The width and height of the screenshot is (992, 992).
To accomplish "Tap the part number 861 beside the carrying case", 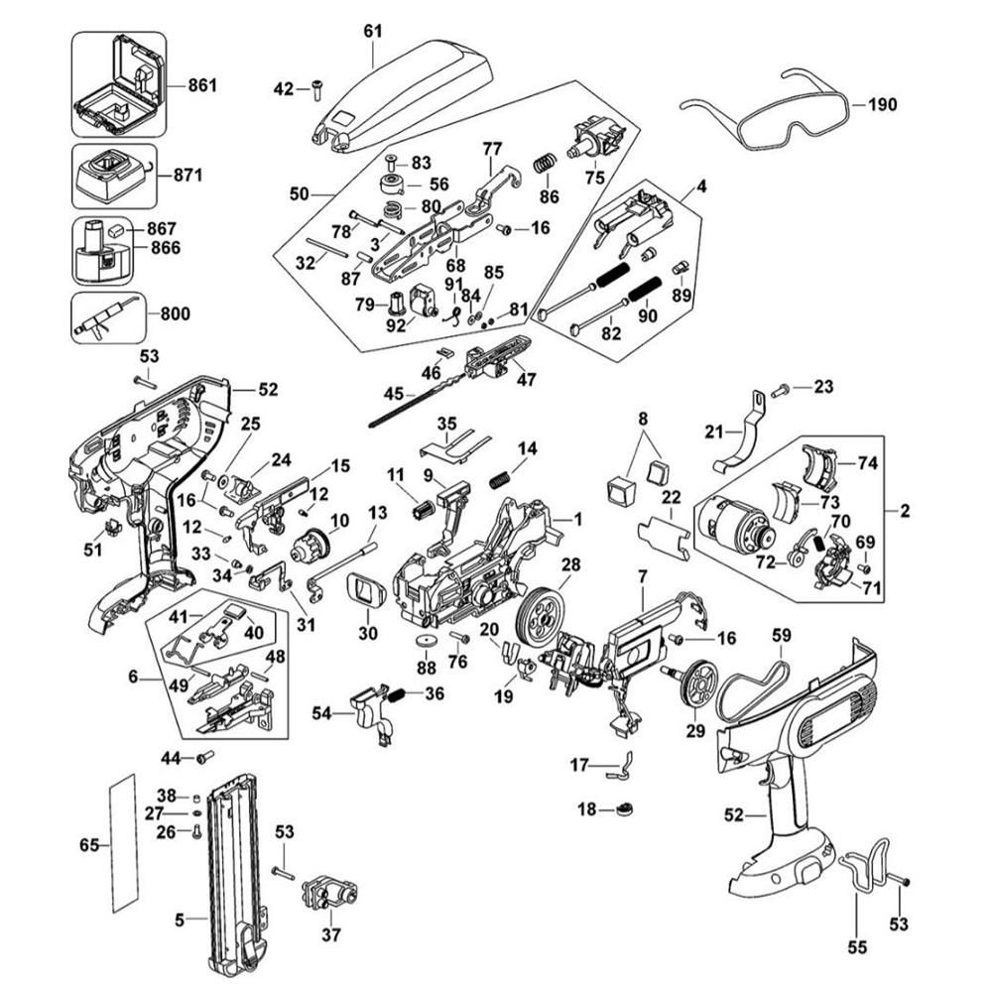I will (201, 86).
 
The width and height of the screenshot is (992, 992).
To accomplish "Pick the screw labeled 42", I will (315, 89).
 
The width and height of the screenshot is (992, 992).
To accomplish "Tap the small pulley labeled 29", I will (697, 683).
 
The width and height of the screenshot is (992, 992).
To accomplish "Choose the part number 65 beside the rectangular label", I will (89, 845).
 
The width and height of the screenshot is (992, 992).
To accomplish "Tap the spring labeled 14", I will (502, 477).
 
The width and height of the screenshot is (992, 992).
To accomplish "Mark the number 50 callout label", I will (300, 194).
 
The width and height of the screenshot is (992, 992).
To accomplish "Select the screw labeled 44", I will (205, 758).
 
